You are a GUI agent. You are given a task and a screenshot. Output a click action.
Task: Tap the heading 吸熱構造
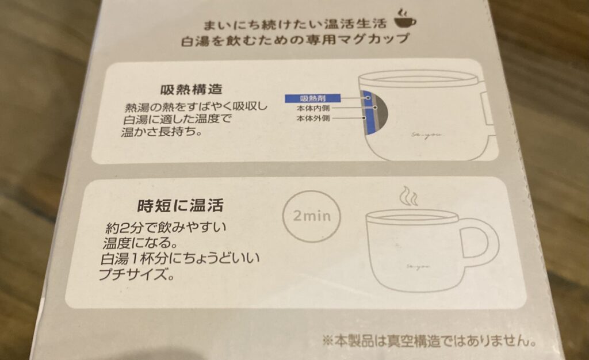[192, 89]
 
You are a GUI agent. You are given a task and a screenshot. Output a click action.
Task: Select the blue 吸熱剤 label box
[312, 98]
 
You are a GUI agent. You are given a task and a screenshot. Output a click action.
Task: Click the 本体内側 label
[313, 109]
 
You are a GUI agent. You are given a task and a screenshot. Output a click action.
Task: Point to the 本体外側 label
[313, 118]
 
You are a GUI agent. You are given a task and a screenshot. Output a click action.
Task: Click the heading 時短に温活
[180, 205]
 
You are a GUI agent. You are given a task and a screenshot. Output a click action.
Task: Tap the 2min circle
[311, 216]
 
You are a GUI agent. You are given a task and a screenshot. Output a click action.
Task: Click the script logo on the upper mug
[426, 136]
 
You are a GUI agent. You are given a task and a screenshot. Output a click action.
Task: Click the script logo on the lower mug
[418, 266]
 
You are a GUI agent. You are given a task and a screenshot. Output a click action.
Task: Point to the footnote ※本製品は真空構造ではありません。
[429, 341]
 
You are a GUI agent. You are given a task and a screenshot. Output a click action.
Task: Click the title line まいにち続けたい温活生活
[295, 25]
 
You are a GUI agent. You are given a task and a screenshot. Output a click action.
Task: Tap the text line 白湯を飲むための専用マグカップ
[294, 40]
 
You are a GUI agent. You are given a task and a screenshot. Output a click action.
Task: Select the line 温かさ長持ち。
[161, 132]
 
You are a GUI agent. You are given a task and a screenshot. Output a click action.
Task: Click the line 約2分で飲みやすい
[166, 228]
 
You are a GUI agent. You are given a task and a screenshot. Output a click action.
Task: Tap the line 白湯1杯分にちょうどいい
[180, 259]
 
